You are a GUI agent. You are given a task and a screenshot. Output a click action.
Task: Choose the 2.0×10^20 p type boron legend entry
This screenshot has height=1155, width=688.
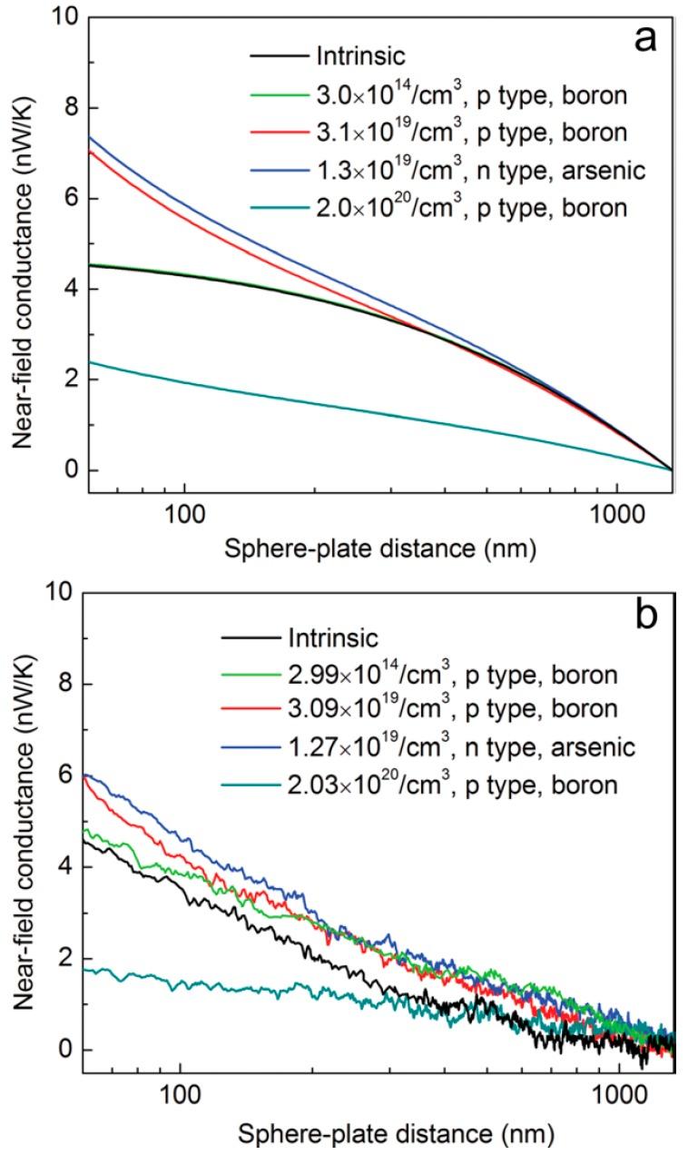tap(471, 208)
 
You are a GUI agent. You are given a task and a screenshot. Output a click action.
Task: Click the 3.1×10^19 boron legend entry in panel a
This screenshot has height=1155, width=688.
tap(471, 132)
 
